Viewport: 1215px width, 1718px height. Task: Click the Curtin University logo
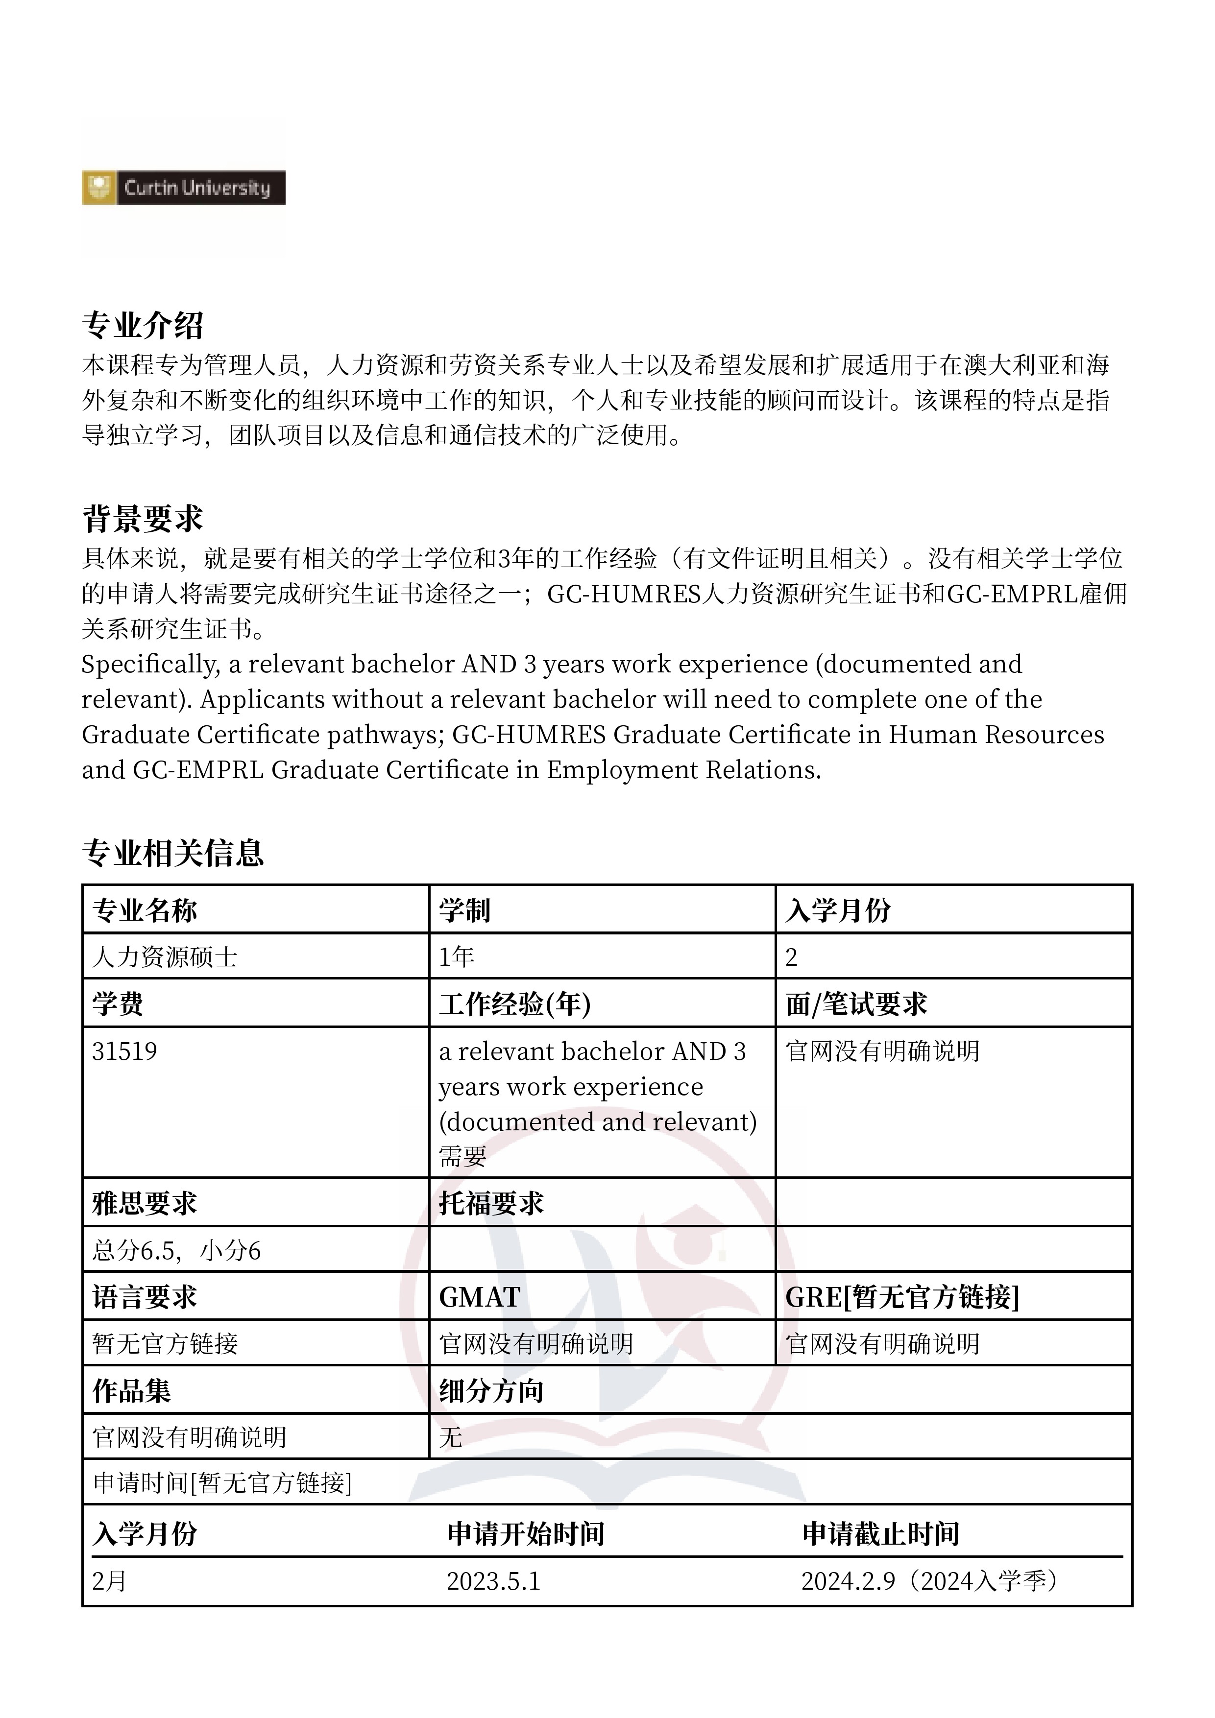click(x=183, y=187)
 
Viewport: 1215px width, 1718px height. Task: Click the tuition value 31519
click(x=124, y=1051)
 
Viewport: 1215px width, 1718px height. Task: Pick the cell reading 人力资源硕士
click(x=165, y=957)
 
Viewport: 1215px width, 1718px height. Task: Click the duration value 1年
click(x=457, y=957)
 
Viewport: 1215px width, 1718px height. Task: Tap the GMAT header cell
click(x=480, y=1297)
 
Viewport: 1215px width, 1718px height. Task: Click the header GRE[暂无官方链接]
click(x=902, y=1297)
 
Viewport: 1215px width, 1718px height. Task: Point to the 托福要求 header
click(x=491, y=1204)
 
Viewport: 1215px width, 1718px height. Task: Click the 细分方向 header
click(x=491, y=1391)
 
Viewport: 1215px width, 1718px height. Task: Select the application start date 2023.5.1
click(x=493, y=1581)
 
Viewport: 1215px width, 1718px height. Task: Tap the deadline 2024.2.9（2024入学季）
click(x=932, y=1581)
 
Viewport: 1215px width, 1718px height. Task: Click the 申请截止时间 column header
click(x=880, y=1534)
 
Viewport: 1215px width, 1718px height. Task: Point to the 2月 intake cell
click(x=109, y=1581)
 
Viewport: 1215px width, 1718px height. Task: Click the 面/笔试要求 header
click(x=856, y=1004)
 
